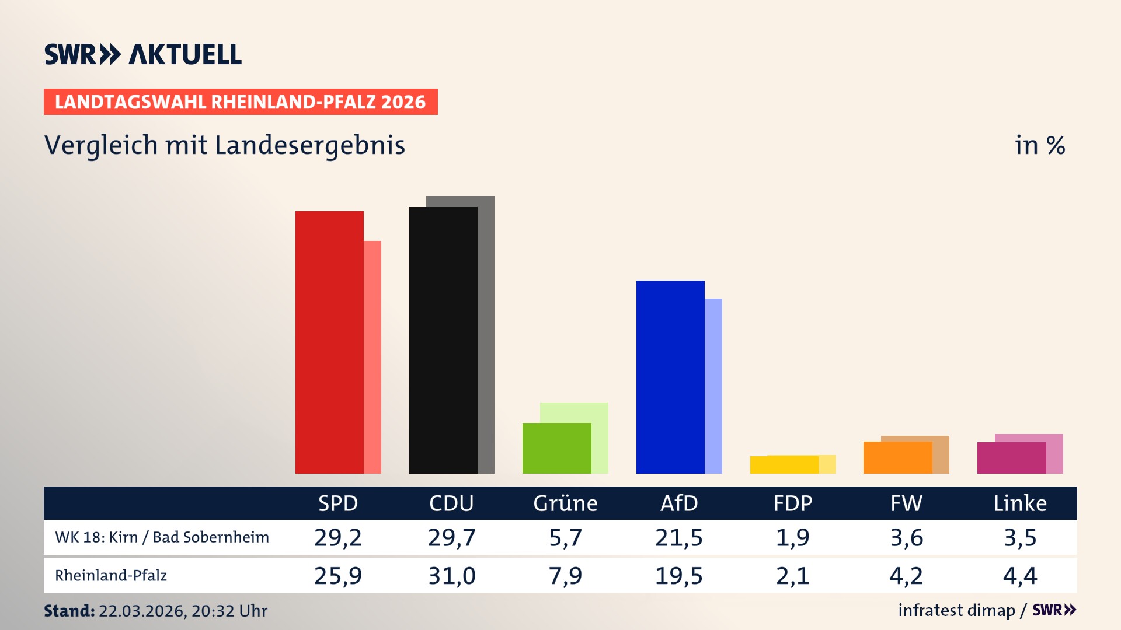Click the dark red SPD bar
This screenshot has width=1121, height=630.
[329, 342]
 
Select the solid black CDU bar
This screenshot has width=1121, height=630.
[443, 340]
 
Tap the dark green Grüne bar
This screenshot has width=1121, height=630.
[556, 448]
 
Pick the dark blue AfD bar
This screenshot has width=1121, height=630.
[670, 377]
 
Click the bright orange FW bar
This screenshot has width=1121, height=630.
[897, 457]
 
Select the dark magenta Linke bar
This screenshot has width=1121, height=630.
[1011, 458]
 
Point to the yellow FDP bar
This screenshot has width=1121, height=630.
[784, 465]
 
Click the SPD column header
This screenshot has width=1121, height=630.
[338, 503]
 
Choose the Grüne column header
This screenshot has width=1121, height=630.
[565, 503]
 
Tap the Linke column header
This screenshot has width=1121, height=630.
[1020, 503]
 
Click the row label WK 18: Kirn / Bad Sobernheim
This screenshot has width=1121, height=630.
[162, 537]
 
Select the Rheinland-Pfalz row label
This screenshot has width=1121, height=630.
[111, 576]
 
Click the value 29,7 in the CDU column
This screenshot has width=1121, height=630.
[451, 537]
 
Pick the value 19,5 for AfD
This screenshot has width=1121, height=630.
[678, 576]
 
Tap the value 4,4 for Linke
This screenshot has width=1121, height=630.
[1020, 576]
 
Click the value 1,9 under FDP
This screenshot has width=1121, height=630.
[792, 537]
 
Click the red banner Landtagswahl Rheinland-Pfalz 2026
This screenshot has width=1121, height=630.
[241, 102]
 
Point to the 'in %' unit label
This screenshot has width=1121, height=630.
[1040, 145]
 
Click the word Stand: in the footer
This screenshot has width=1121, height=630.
[69, 611]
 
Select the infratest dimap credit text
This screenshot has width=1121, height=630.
[956, 610]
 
